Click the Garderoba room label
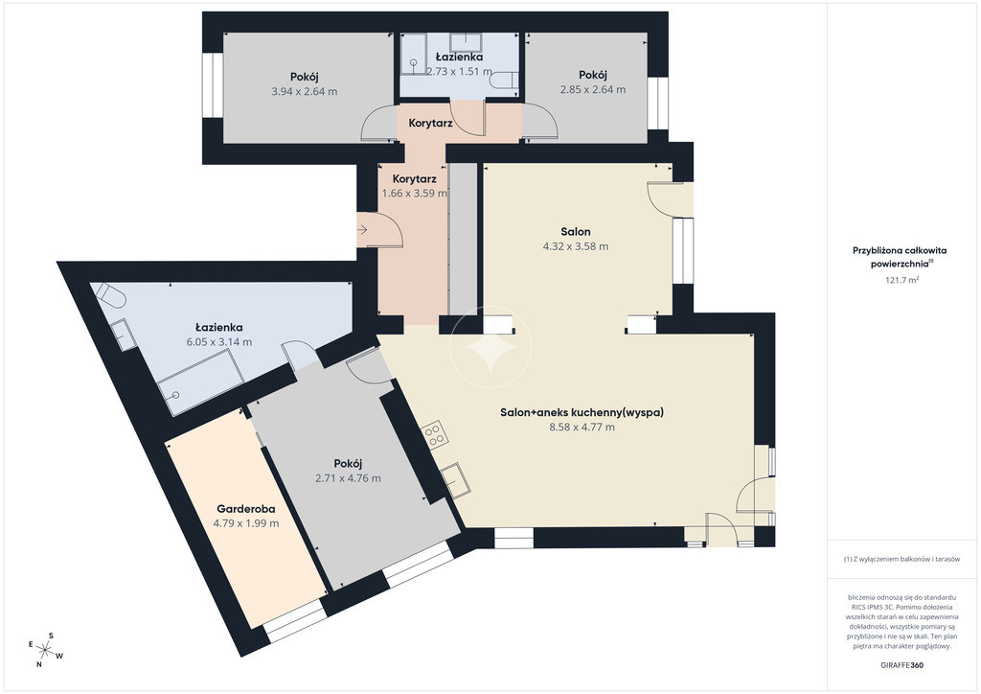246,509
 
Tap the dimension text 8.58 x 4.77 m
582,428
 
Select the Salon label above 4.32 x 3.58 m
576,232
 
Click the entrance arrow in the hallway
363,230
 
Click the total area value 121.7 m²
901,280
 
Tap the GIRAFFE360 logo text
901,665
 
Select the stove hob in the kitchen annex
434,434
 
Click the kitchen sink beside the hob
456,480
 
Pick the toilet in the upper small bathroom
505,81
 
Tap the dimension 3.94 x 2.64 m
304,91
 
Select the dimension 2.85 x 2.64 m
593,89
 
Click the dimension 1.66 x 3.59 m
414,194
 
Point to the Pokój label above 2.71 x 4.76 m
349,464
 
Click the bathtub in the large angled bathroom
201,382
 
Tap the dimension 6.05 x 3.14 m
219,342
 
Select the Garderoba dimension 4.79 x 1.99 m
246,523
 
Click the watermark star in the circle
490,347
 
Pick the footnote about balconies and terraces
901,560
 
